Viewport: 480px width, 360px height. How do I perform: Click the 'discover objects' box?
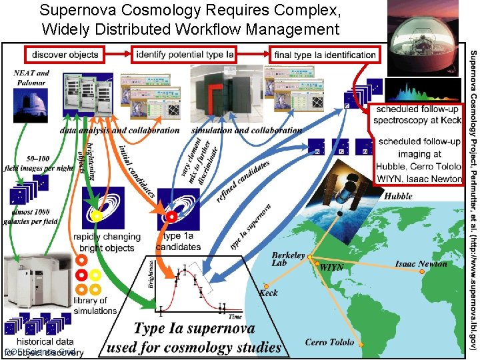point(65,55)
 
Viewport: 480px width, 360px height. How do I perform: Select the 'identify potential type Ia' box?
point(184,55)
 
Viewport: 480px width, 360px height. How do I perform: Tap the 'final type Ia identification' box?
point(325,55)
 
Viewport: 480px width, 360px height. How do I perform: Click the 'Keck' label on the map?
point(269,293)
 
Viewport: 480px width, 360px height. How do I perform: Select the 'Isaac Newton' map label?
point(421,264)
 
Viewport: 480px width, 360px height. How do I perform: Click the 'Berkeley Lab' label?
point(288,259)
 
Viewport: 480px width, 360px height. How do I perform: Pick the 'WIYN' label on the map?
point(332,267)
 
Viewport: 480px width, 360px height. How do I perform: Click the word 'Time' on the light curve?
point(235,317)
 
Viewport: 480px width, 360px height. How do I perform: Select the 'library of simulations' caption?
point(95,305)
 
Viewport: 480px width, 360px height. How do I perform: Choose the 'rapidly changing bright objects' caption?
point(107,241)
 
